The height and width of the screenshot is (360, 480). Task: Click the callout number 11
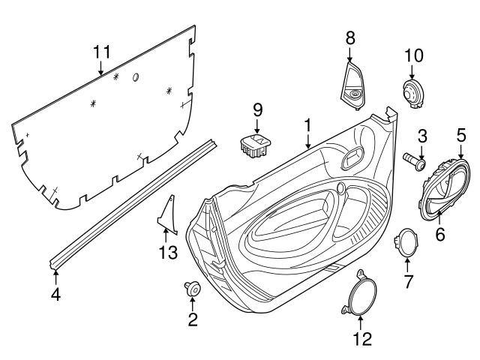101,52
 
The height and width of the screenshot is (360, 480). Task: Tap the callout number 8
351,37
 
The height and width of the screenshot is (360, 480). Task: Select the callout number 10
414,55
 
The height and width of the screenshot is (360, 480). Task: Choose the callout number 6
440,235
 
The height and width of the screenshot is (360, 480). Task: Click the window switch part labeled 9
255,144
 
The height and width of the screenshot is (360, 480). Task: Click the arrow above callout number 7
407,262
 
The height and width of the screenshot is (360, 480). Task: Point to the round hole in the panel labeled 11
136,77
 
